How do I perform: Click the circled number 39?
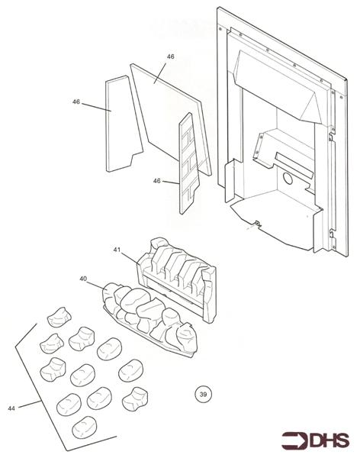click(x=202, y=394)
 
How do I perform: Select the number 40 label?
click(x=83, y=279)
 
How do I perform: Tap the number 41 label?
click(x=117, y=250)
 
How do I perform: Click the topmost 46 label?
click(x=170, y=56)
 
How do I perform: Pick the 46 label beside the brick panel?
click(x=157, y=181)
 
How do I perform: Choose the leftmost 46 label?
click(x=76, y=102)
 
